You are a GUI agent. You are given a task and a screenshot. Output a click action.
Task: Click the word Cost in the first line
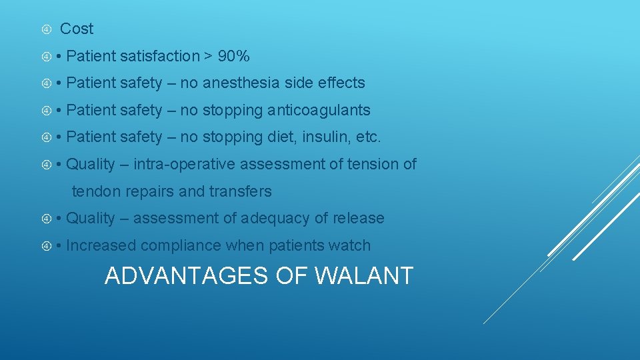click(x=77, y=29)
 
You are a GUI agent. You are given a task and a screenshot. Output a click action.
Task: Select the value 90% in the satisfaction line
click(x=233, y=56)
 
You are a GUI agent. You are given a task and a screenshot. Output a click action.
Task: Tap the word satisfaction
click(x=160, y=56)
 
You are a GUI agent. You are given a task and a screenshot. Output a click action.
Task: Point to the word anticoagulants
click(x=319, y=110)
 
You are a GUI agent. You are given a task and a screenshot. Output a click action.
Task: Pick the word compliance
click(x=181, y=246)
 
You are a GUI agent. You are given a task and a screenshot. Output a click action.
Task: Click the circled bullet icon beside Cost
click(x=46, y=29)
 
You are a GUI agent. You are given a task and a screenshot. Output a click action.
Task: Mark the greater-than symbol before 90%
click(x=209, y=57)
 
